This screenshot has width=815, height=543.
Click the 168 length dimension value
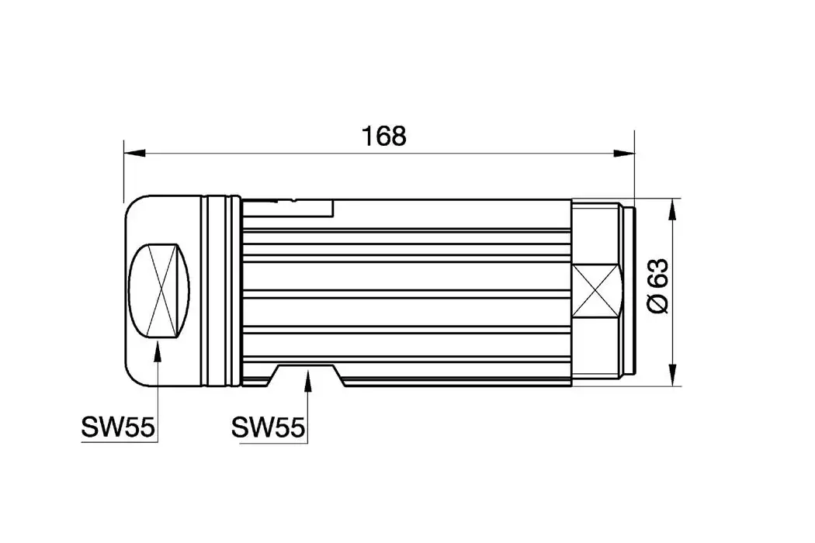pos(383,136)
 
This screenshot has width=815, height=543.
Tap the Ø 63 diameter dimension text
pos(657,286)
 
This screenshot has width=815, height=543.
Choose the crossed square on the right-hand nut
pos(597,291)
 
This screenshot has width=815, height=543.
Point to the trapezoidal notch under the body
pos(308,373)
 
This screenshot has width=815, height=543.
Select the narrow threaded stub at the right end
pos(630,291)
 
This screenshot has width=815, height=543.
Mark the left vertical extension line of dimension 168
pos(124,171)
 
